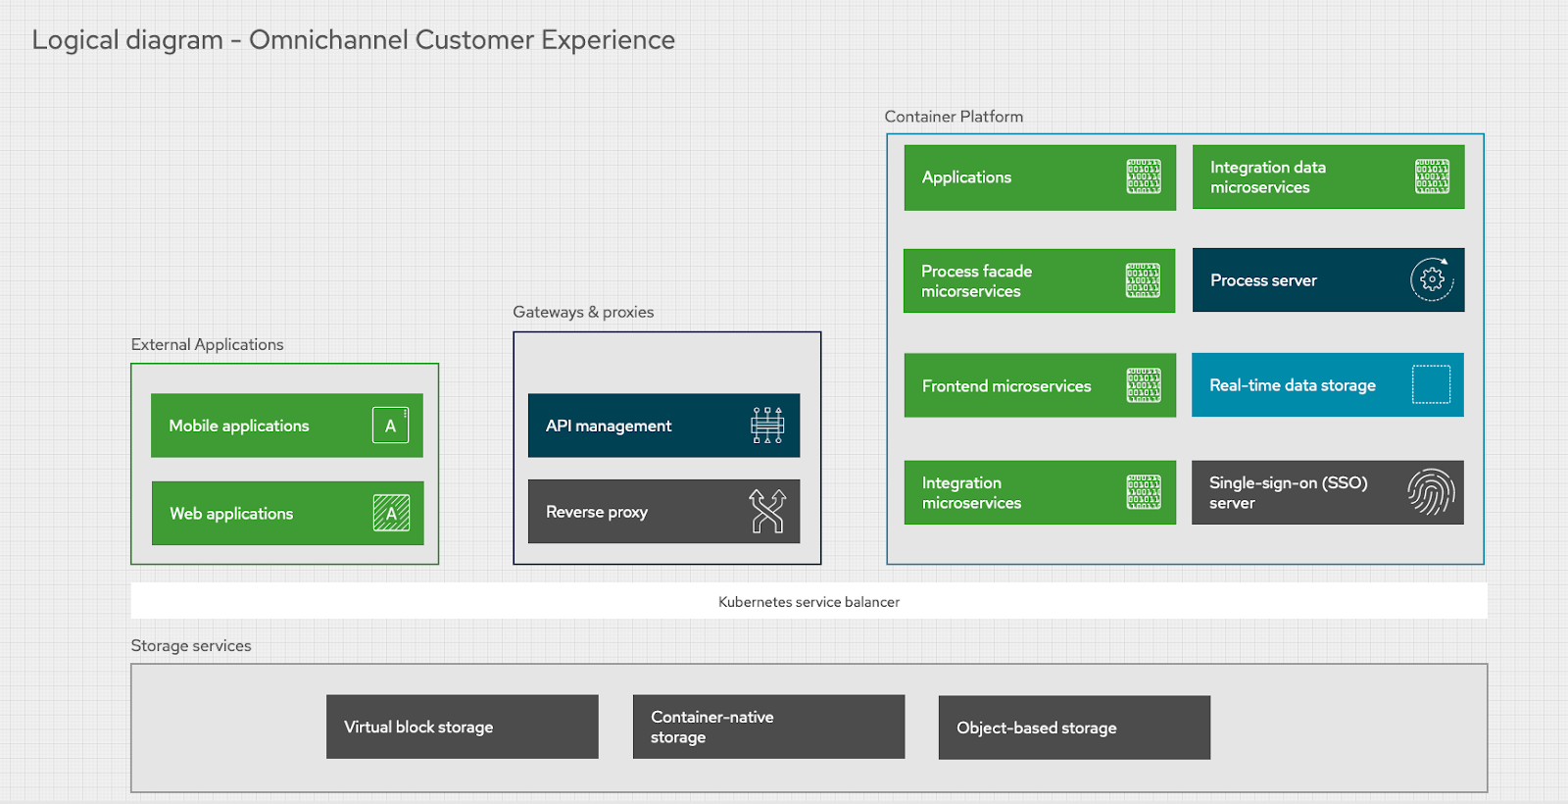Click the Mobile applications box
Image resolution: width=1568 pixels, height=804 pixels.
[286, 426]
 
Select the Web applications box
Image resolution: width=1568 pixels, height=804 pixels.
[287, 513]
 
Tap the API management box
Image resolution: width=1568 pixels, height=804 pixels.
[663, 426]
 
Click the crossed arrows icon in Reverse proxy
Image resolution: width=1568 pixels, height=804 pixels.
[767, 511]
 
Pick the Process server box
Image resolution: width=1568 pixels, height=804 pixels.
[1328, 280]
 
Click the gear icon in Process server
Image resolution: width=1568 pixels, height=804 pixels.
[1432, 279]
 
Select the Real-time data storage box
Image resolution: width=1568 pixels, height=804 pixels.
[1327, 385]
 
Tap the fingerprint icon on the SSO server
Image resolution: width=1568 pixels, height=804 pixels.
[1431, 492]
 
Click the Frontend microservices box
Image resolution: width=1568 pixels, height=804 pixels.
[1039, 385]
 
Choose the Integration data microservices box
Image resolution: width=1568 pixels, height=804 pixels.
[1328, 177]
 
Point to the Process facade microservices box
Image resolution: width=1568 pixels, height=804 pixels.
[1039, 281]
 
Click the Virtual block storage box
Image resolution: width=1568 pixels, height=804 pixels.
[462, 727]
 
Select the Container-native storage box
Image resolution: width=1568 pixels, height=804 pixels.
[768, 727]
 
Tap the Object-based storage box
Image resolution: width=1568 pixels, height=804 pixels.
[1074, 728]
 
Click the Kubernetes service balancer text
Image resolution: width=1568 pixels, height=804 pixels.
[808, 602]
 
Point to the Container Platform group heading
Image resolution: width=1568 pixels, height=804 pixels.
[954, 117]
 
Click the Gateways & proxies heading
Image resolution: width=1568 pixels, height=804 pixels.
[583, 312]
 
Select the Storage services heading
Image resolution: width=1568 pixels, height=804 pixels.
[191, 645]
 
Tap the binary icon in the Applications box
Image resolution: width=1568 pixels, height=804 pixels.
[1143, 176]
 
